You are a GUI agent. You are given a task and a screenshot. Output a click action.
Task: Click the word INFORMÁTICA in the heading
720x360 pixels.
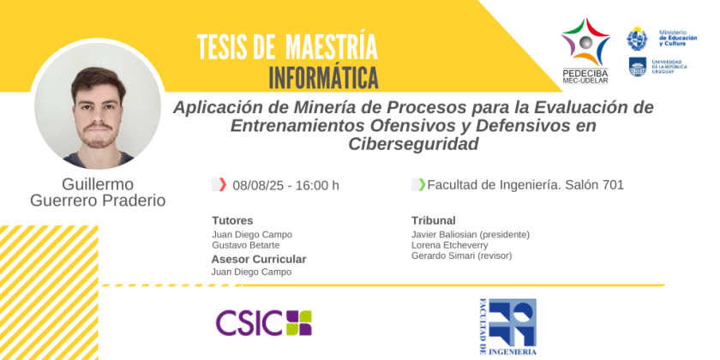[324, 78]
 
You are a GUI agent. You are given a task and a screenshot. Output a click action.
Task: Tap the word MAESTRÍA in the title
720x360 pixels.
[332, 47]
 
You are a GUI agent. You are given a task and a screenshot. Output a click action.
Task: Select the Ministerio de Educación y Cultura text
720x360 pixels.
[678, 38]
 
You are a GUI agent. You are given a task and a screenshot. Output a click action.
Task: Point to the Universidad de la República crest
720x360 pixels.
[638, 67]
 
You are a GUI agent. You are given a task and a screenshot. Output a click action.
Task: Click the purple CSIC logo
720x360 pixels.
[264, 323]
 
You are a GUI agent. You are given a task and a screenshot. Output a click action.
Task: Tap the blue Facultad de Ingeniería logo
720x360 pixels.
[507, 327]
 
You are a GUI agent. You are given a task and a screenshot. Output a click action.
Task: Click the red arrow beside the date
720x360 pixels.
[223, 184]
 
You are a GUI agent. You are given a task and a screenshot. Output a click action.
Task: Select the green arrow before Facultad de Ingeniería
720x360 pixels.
[422, 184]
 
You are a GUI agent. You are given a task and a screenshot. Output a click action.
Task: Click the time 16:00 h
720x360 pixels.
[317, 185]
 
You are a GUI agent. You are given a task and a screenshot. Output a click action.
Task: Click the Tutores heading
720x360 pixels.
[232, 220]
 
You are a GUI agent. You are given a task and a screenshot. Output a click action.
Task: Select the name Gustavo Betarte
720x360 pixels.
[246, 245]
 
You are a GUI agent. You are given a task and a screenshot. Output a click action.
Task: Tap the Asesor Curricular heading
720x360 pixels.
[259, 260]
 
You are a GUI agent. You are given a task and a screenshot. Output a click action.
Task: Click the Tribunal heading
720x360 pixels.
[434, 220]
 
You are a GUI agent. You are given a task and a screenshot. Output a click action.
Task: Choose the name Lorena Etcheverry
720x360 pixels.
[449, 245]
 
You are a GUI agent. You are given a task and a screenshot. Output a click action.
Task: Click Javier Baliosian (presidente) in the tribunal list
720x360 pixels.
[471, 235]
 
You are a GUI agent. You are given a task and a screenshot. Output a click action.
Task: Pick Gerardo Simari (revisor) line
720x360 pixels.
[461, 255]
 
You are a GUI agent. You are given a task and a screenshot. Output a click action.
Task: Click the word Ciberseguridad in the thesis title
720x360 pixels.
[413, 144]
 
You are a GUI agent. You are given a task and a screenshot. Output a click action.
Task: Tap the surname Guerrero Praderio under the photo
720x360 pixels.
[98, 201]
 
